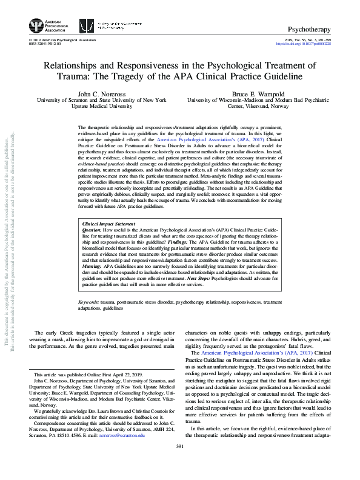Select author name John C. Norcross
[101, 93]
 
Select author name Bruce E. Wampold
[260, 93]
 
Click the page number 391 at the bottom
[179, 464]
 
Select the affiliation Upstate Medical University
[101, 106]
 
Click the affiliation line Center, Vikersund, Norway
[260, 106]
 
